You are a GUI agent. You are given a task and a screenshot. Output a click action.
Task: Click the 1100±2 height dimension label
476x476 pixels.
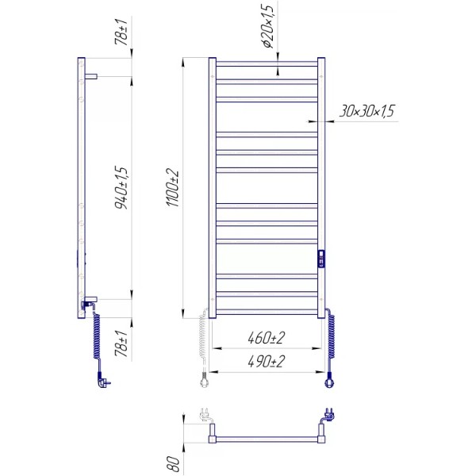[173, 188]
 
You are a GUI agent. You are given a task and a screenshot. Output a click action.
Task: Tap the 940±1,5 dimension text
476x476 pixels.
[121, 187]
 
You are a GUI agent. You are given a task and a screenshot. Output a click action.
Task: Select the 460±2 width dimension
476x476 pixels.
[267, 338]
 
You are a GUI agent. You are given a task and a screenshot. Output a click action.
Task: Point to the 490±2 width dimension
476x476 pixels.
[267, 361]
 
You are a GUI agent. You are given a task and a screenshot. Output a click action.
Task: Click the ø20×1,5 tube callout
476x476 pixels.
[269, 25]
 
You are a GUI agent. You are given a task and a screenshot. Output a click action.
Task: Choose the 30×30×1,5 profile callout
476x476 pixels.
[367, 111]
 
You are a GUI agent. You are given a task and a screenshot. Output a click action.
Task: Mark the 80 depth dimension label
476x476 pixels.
[175, 463]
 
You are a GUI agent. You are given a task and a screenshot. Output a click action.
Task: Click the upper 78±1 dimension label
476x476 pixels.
[121, 32]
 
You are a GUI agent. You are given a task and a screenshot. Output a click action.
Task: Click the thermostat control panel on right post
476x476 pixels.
[321, 259]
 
